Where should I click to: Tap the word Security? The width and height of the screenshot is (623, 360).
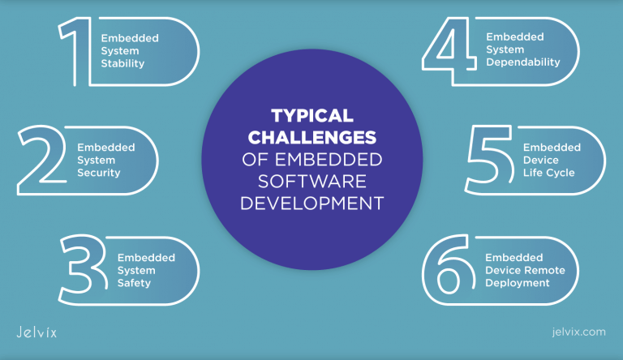(99, 172)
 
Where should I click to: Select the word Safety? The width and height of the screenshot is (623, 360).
(134, 282)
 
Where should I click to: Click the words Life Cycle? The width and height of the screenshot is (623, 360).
(548, 172)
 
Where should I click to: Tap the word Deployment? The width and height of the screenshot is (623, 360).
(518, 282)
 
